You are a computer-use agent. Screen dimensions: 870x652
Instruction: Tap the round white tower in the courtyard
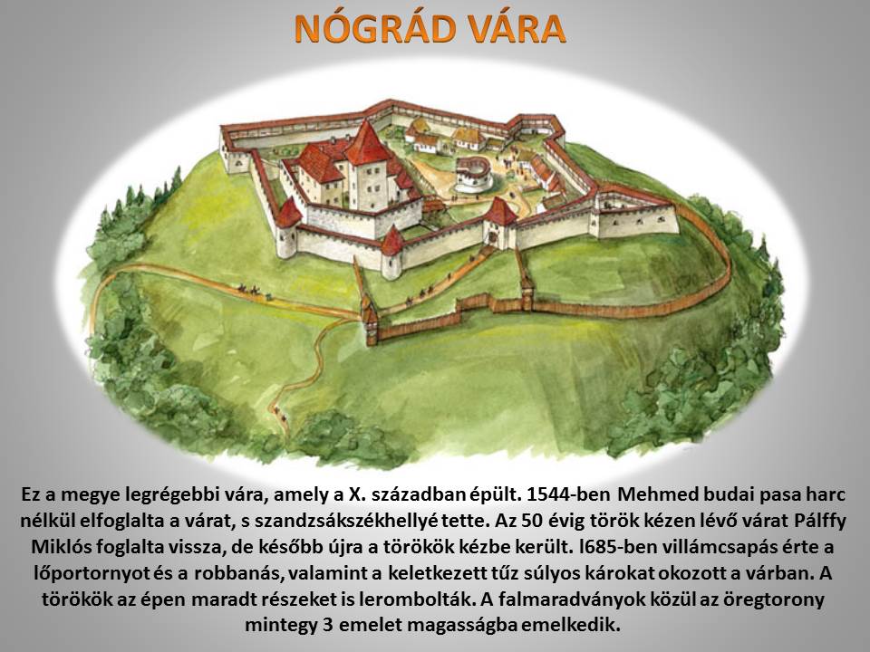pyautogui.click(x=473, y=174)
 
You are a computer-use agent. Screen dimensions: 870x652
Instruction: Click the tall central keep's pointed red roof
pyautogui.click(x=366, y=144)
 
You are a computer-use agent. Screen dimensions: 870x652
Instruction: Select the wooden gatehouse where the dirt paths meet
pyautogui.click(x=370, y=321)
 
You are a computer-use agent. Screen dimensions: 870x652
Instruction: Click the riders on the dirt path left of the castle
pyautogui.click(x=251, y=290)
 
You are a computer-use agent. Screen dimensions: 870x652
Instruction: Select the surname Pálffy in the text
pyautogui.click(x=820, y=522)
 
